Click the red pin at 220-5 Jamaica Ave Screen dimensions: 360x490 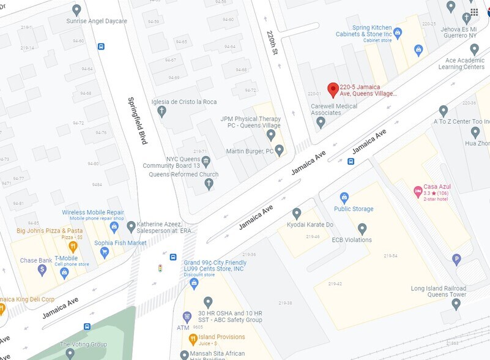click(333, 89)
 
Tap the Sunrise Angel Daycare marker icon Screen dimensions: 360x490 click(76, 10)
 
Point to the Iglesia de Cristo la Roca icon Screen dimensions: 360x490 click(161, 111)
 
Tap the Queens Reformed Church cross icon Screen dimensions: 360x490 click(209, 184)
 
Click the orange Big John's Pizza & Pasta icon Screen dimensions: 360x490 click(73, 247)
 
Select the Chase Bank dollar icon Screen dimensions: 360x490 click(42, 270)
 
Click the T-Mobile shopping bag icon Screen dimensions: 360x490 click(64, 273)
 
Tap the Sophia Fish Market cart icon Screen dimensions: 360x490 click(104, 252)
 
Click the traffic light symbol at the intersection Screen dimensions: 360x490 click(160, 268)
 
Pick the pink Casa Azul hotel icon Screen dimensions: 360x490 click(418, 191)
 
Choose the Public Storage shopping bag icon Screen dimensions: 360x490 click(344, 198)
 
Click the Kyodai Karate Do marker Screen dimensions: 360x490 click(297, 213)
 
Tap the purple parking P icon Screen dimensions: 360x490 click(456, 260)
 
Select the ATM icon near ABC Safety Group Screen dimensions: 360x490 click(187, 317)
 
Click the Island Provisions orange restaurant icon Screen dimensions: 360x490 click(193, 339)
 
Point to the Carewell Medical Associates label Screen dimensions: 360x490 click(333, 109)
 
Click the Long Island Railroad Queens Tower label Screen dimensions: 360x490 click(438, 291)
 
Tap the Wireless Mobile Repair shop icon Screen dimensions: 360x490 click(113, 227)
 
